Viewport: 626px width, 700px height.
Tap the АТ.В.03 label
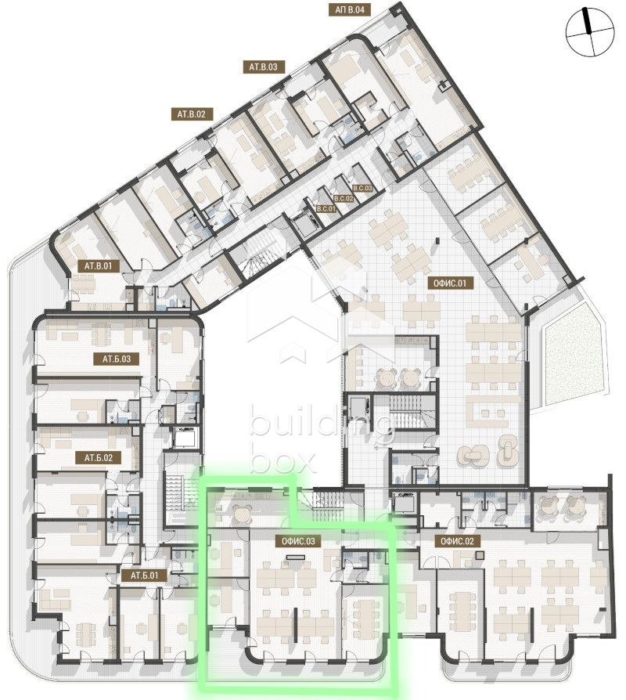264,67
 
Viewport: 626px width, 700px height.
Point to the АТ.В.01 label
98,265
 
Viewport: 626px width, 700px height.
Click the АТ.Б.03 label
116,359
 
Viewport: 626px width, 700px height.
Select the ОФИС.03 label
293,540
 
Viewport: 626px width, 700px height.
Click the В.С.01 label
326,209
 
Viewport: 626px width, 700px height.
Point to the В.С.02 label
344,199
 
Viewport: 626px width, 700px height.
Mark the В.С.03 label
363,189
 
